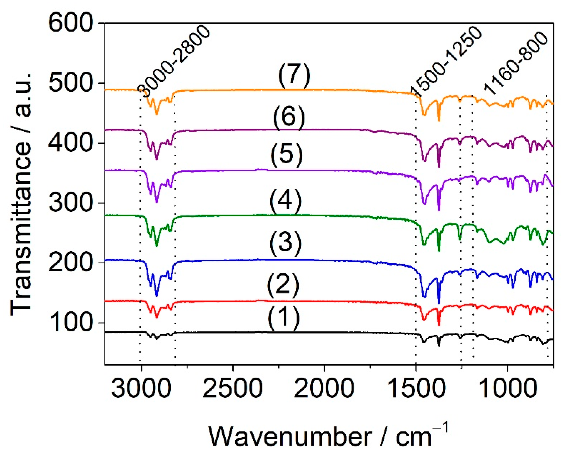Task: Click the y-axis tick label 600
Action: [71, 24]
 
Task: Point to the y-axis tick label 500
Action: [71, 83]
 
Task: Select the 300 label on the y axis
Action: [71, 203]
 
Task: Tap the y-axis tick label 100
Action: [71, 323]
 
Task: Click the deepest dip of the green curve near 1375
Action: [439, 251]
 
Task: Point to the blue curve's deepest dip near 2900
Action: [157, 296]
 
